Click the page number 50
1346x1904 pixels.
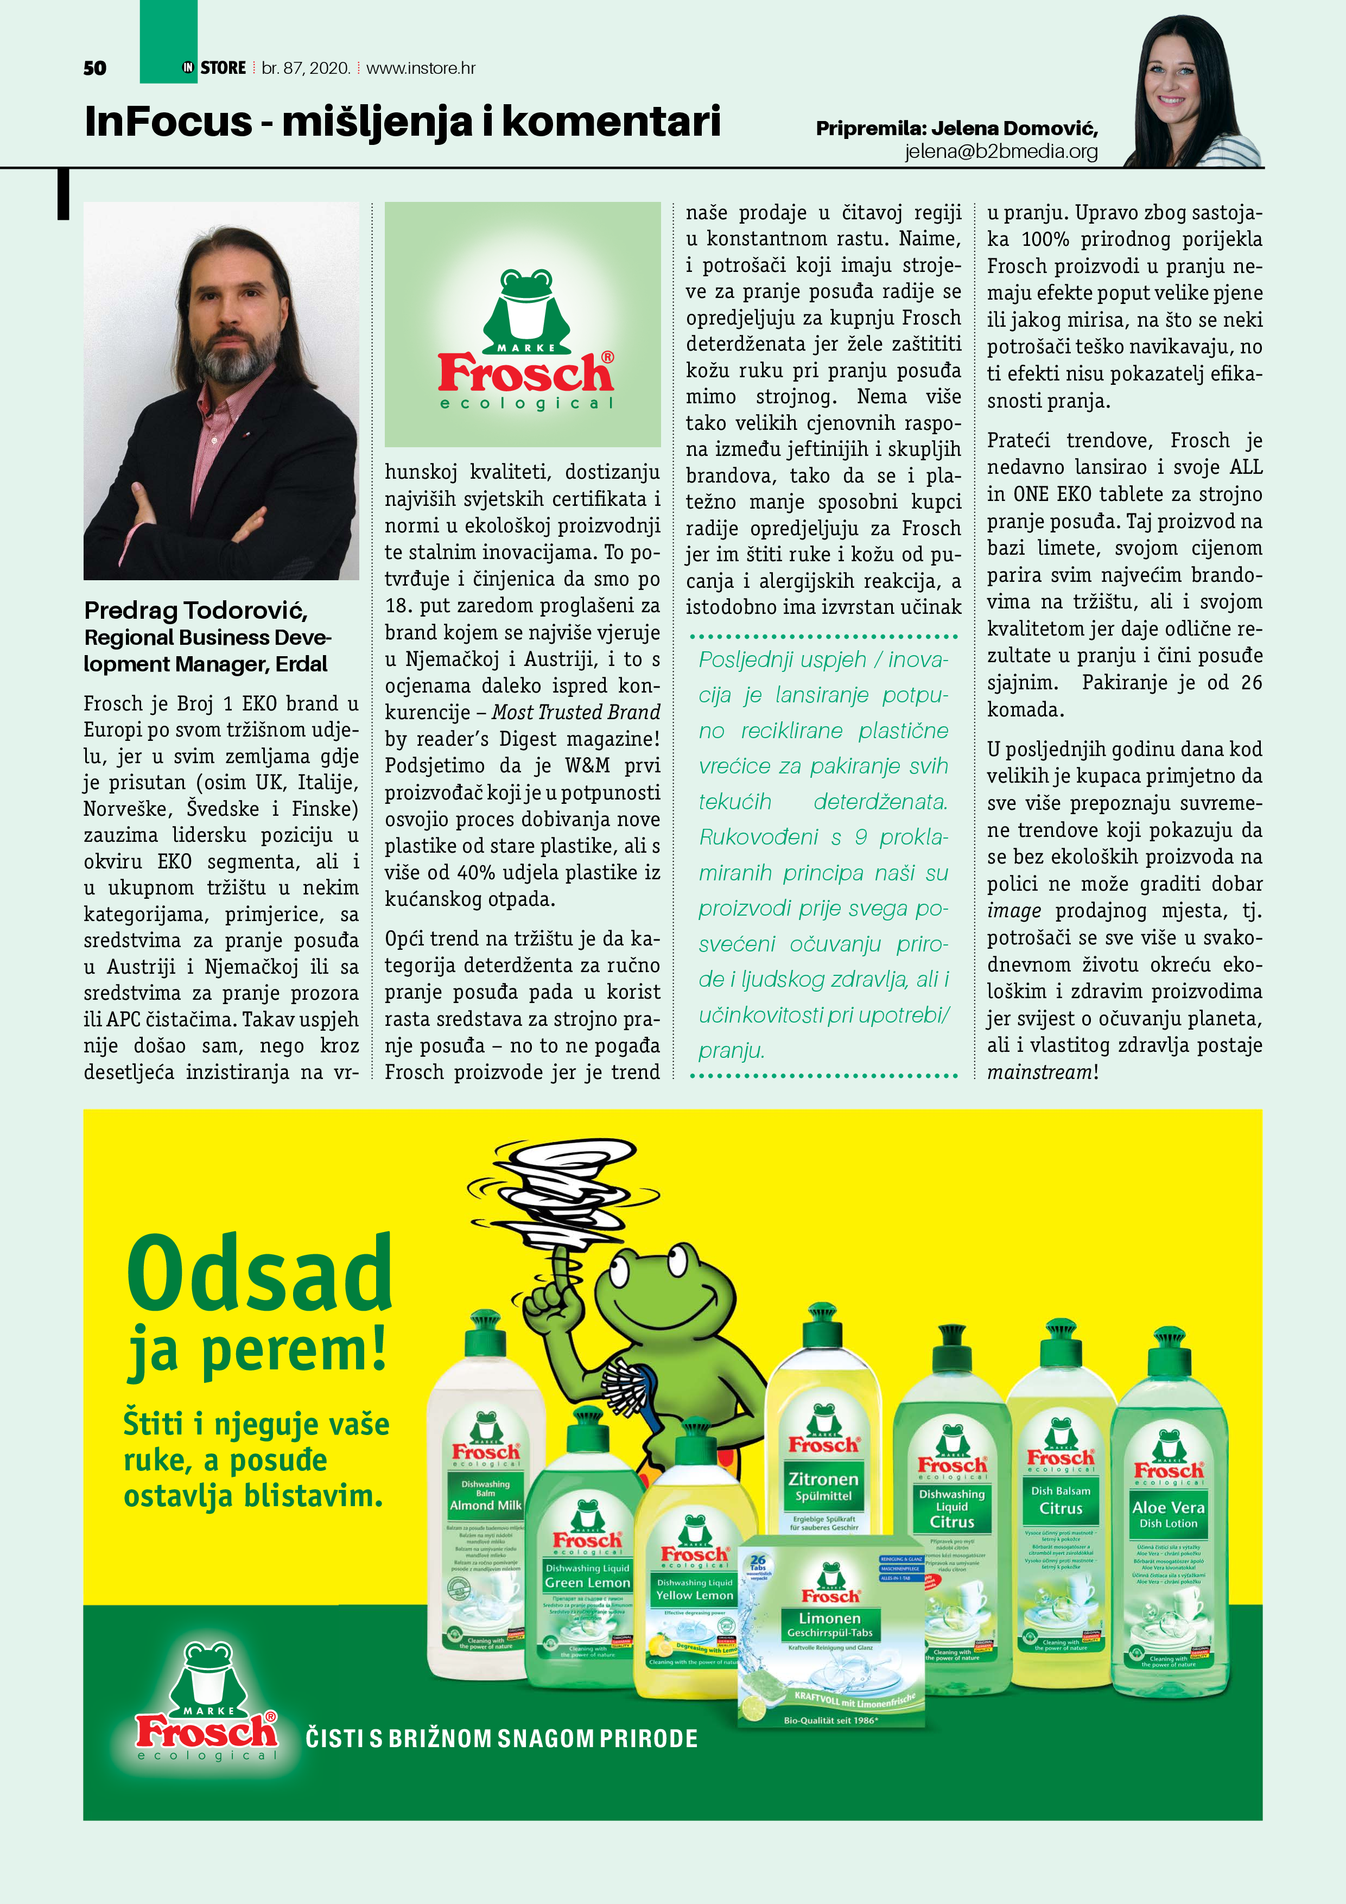[94, 68]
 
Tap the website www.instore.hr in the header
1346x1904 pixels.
[421, 68]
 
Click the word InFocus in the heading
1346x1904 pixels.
[168, 121]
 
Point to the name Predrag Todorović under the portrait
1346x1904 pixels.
[196, 611]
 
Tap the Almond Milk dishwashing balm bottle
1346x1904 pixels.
[485, 1493]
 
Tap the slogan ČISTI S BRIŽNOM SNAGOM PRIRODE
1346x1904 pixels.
[501, 1738]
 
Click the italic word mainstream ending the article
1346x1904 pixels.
[1038, 1072]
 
